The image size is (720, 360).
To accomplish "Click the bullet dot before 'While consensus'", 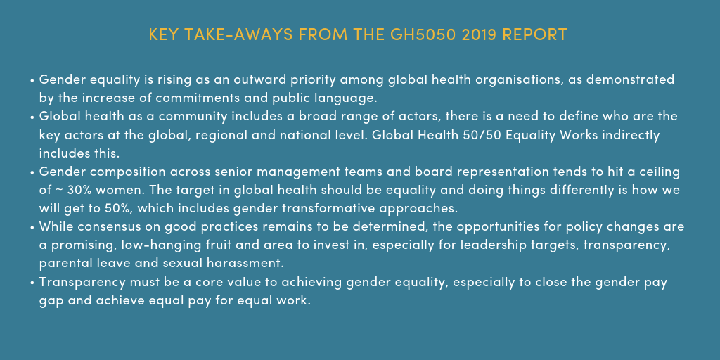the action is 32,228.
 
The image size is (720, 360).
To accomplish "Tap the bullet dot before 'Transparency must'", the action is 32,283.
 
